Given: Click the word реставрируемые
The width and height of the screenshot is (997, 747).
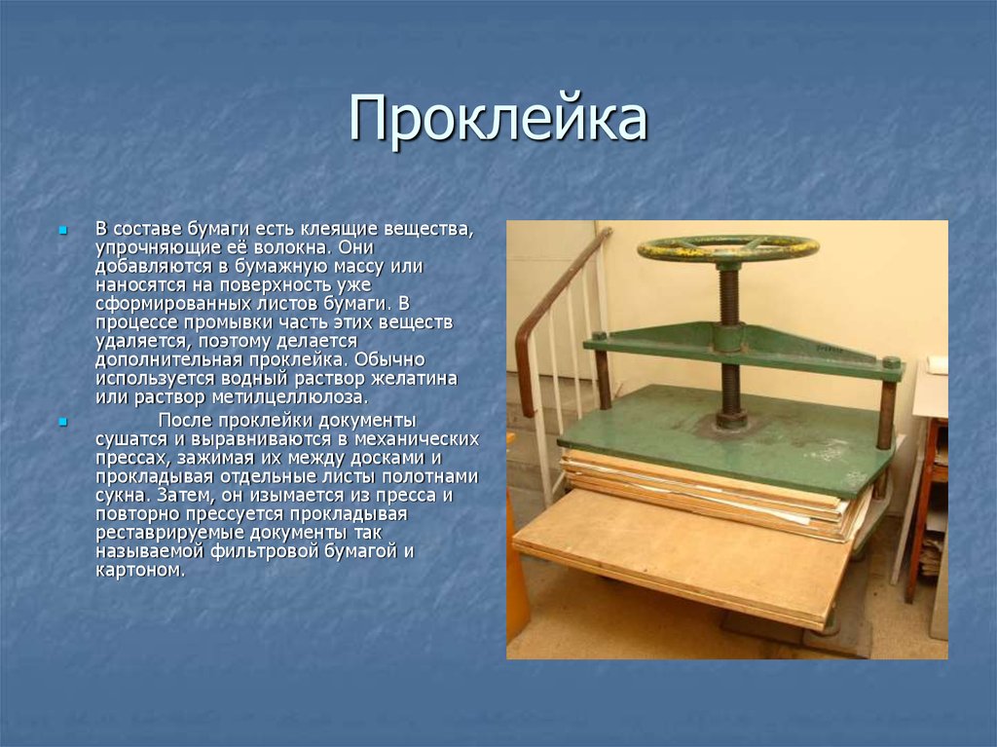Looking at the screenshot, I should (x=156, y=533).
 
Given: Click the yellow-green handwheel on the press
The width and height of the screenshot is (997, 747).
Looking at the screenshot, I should (x=727, y=248).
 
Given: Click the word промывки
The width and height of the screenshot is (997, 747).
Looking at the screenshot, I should (x=212, y=322).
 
